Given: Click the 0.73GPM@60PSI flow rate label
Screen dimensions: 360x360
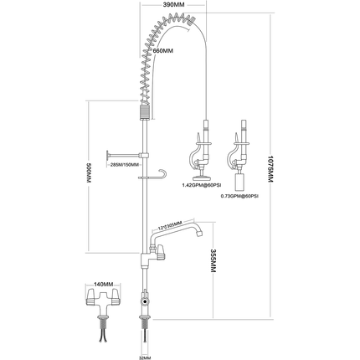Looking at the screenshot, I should (x=239, y=195).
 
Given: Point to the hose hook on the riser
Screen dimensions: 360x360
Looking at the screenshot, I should (x=159, y=175).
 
